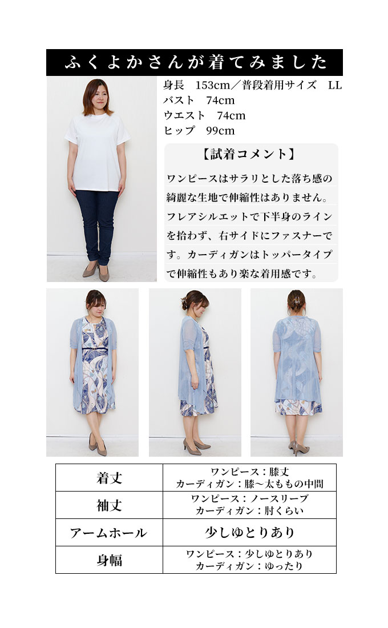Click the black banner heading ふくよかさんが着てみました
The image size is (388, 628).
coord(195,62)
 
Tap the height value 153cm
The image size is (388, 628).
coord(213,85)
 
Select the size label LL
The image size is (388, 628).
coord(335,85)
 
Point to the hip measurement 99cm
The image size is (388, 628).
coord(220,131)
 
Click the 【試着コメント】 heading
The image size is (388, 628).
coord(249,154)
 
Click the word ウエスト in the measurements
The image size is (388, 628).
coord(184,116)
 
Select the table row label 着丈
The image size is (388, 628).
coord(109,478)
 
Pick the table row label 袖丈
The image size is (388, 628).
coord(109,505)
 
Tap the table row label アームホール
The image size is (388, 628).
coord(108,533)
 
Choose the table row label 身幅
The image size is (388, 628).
coord(109,560)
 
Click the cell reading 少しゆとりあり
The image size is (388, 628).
coord(249,533)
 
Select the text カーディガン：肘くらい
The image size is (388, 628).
coord(249,511)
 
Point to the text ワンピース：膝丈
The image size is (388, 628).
coord(249,472)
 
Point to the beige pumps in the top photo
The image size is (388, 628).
coord(96,272)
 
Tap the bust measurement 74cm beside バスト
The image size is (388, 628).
coord(220,100)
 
